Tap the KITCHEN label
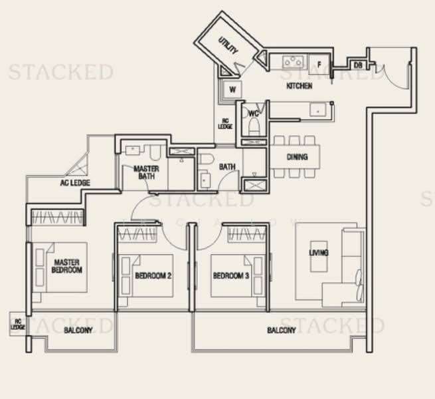(x=299, y=86)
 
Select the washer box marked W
(x=233, y=89)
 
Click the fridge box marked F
(x=319, y=64)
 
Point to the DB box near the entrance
(x=357, y=65)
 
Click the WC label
(x=253, y=114)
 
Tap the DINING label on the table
(x=297, y=157)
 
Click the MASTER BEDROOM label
(x=68, y=266)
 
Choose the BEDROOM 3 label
(x=230, y=275)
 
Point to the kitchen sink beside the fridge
(x=292, y=62)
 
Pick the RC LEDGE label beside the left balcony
(x=17, y=324)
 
